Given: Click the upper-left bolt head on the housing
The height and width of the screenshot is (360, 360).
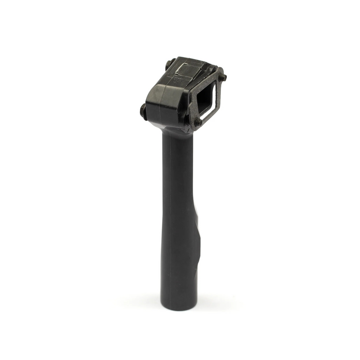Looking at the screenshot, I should pos(168,64).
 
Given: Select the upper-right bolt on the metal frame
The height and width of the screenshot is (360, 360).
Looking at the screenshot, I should pos(223,77).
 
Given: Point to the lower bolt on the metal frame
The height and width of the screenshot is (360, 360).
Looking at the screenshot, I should pos(198,122).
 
